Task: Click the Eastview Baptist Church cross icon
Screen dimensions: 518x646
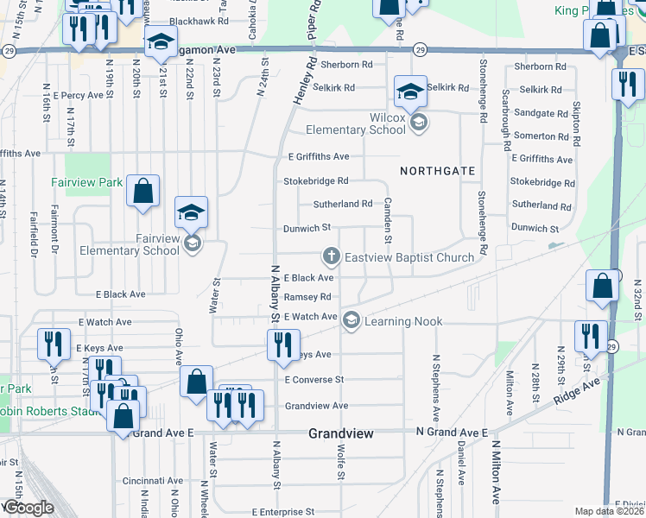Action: click(330, 256)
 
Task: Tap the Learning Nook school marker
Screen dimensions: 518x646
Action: click(351, 321)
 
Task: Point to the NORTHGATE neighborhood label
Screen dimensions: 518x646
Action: click(438, 171)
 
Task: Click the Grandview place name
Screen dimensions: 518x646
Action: click(341, 433)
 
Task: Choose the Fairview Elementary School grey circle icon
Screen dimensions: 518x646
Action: click(192, 244)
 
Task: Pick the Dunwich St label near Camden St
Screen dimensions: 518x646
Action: click(307, 228)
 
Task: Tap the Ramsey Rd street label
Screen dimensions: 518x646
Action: click(308, 297)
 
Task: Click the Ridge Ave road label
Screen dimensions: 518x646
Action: click(578, 388)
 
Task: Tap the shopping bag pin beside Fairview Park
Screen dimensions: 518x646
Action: click(142, 191)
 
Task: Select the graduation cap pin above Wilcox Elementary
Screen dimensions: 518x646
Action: click(409, 92)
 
